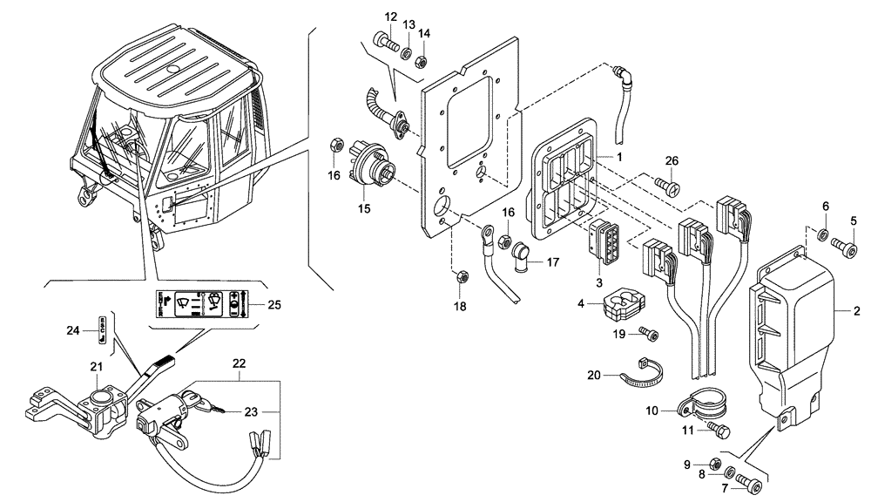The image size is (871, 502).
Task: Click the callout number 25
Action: (273, 305)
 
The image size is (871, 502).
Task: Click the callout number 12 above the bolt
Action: (390, 17)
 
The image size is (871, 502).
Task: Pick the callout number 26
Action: (671, 160)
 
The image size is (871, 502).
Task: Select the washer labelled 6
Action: (824, 233)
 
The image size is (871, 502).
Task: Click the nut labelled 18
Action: (462, 279)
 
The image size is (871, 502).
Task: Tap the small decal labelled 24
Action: (103, 329)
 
